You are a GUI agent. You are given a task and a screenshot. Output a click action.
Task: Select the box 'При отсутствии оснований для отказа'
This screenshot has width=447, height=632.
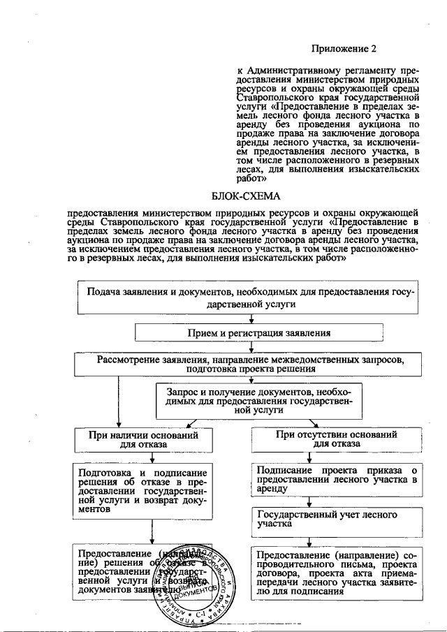tap(336, 439)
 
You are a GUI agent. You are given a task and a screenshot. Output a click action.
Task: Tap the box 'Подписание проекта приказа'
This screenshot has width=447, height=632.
tap(337, 480)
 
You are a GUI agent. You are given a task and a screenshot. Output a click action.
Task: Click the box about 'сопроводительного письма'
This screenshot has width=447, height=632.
tap(337, 571)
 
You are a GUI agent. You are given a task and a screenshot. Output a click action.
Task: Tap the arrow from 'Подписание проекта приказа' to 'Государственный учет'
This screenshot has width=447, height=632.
tap(308, 501)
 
